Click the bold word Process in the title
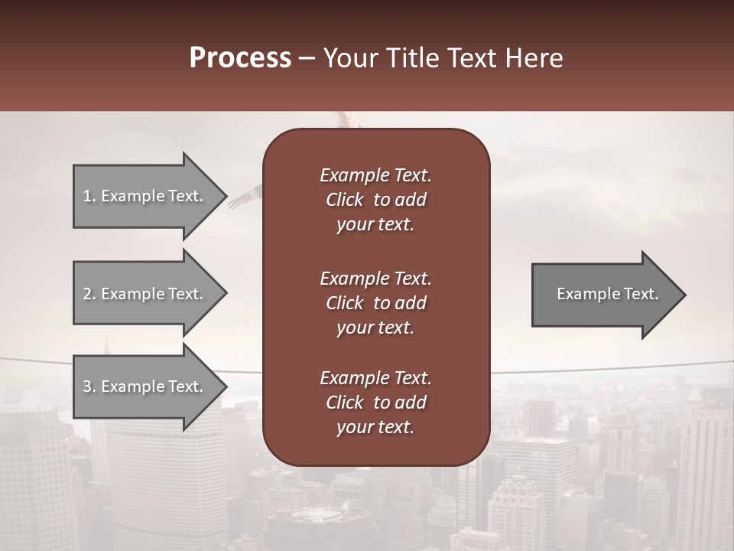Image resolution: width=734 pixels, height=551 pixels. pyautogui.click(x=240, y=58)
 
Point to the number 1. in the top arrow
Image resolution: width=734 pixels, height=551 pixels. pyautogui.click(x=89, y=196)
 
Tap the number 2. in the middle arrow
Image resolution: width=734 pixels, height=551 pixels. pyautogui.click(x=89, y=294)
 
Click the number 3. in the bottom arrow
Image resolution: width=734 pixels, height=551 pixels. pyautogui.click(x=89, y=386)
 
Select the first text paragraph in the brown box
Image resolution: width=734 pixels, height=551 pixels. pyautogui.click(x=375, y=200)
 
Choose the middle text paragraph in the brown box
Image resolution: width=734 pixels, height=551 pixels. pyautogui.click(x=375, y=303)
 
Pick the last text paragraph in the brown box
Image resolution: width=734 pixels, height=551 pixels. pyautogui.click(x=375, y=403)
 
